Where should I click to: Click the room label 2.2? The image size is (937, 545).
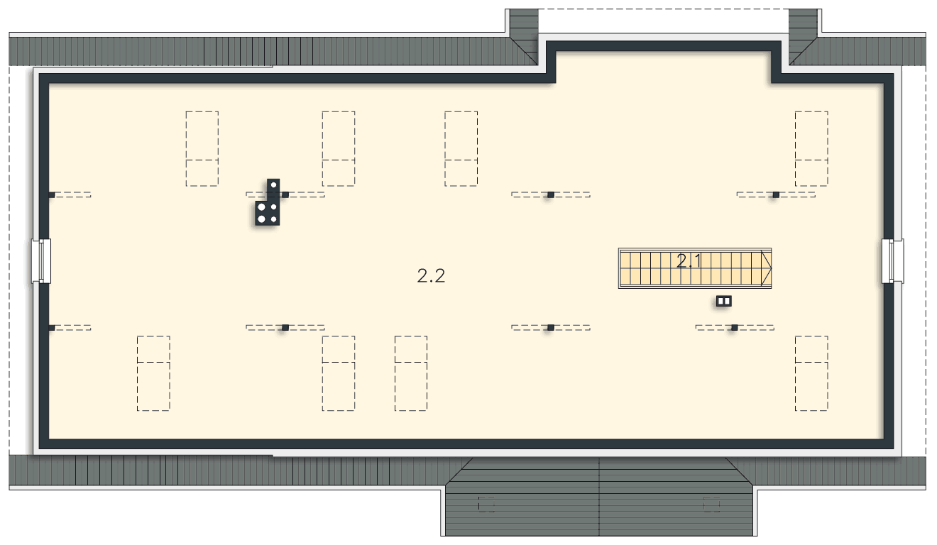coord(431,276)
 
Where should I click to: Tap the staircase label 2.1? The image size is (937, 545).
coord(689,261)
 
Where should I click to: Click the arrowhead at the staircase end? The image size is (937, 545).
coord(767,268)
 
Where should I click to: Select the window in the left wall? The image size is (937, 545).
coord(41,261)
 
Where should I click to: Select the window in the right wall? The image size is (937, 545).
coord(893,261)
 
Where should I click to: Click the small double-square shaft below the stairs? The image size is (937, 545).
coord(723,301)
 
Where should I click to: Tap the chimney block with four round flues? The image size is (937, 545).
coord(268,214)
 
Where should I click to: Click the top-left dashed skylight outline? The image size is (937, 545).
coord(202,148)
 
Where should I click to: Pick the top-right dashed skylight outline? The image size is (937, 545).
coord(811,148)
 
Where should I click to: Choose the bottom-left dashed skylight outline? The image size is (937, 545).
coord(153,373)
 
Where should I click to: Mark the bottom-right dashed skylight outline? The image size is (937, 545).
coord(811,373)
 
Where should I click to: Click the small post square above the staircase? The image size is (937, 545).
coord(551,194)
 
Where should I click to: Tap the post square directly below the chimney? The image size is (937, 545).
coord(285,328)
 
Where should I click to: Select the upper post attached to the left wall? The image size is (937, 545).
coord(51,195)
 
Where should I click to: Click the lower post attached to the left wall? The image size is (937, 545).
coord(51,328)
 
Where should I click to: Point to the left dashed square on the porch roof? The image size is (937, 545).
coord(486,504)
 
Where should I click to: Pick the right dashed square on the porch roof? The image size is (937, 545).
coord(711,504)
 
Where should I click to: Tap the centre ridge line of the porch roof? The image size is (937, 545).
coord(599,497)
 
